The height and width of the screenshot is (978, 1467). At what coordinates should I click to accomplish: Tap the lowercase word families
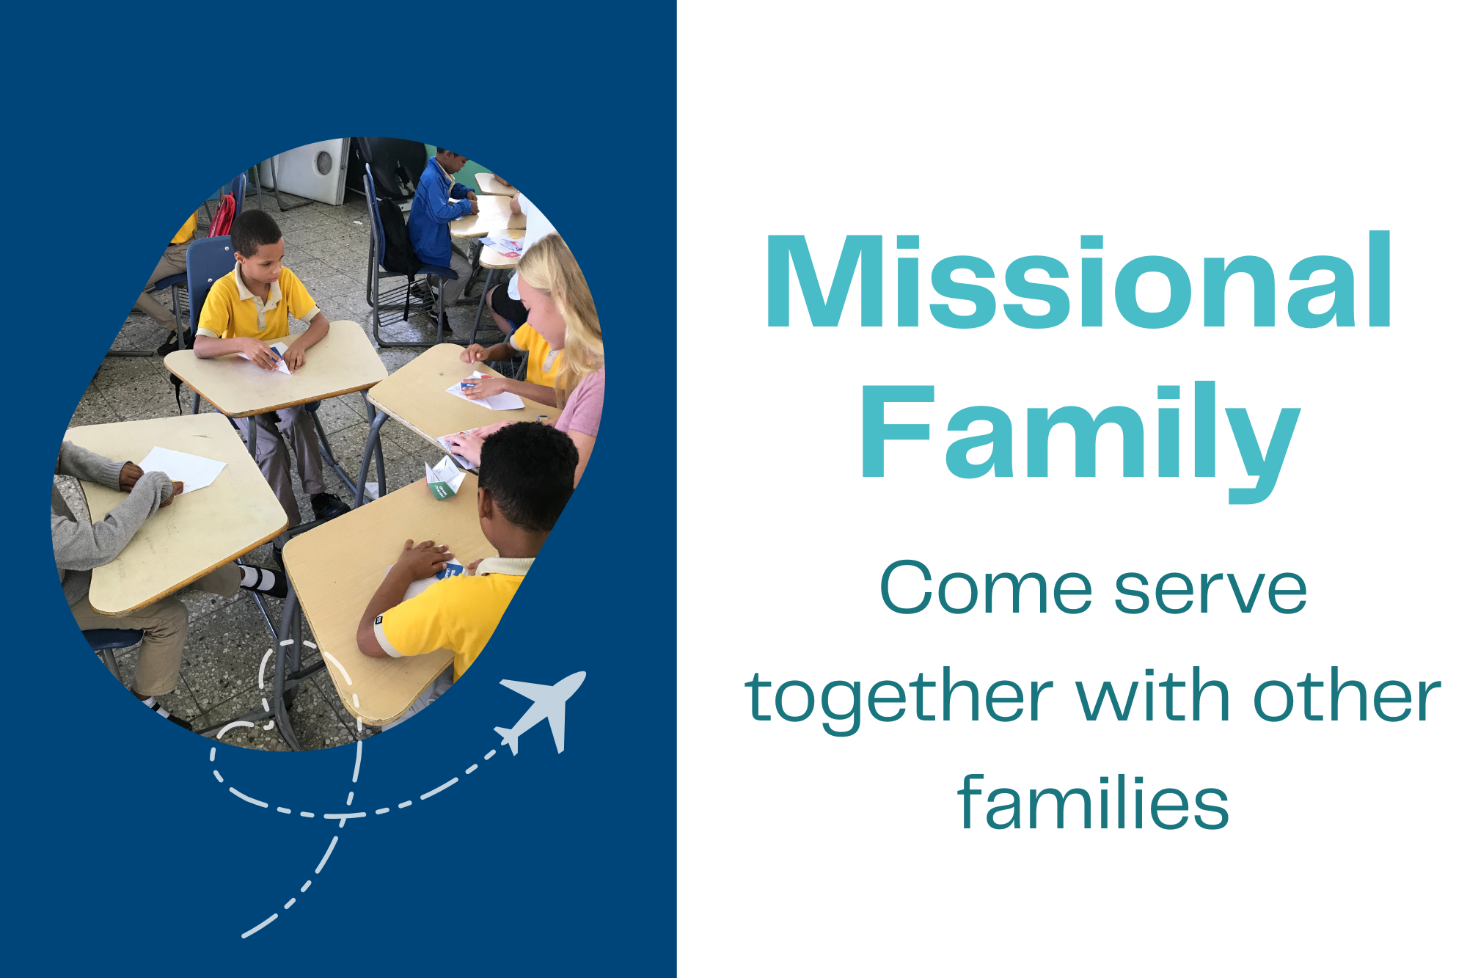pyautogui.click(x=1093, y=803)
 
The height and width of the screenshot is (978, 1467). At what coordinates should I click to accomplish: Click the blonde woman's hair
pyautogui.click(x=568, y=308)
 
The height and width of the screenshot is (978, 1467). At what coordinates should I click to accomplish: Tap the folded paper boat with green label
pyautogui.click(x=445, y=478)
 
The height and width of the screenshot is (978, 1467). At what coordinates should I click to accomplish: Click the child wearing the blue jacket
pyautogui.click(x=436, y=213)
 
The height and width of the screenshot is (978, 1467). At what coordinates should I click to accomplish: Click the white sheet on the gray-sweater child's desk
pyautogui.click(x=183, y=469)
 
